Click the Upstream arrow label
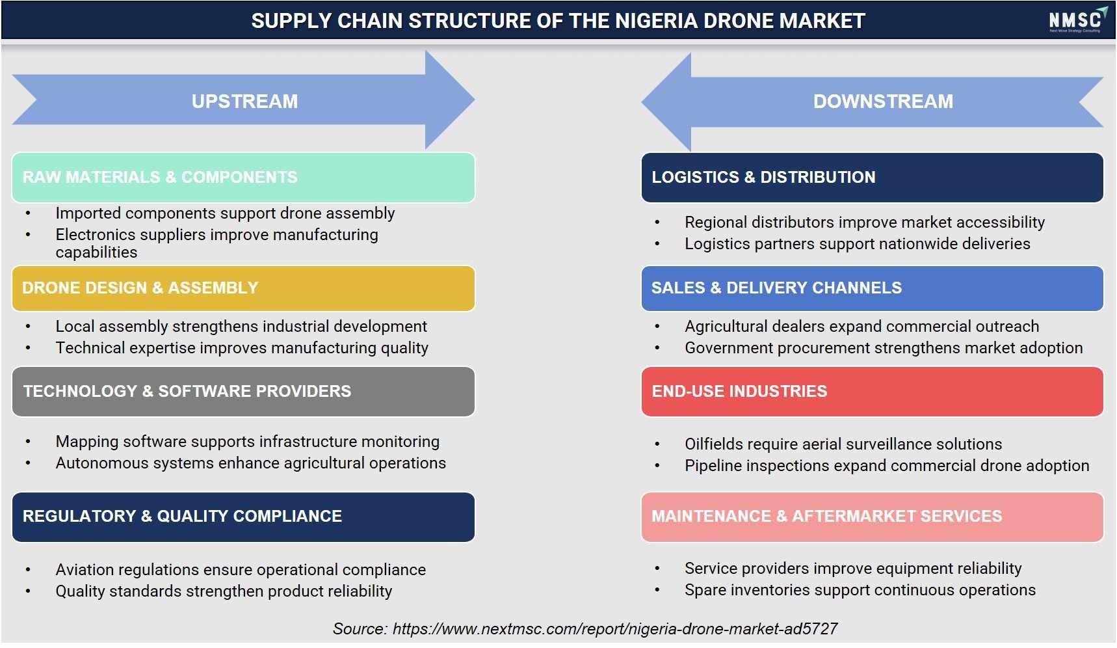tap(244, 101)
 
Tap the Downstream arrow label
tap(883, 101)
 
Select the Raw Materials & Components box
tap(243, 178)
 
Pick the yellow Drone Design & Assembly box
tap(243, 288)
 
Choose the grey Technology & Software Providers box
tap(243, 392)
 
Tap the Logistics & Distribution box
tap(872, 178)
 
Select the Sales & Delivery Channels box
tap(872, 288)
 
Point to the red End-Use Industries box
tap(872, 392)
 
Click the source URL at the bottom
tap(615, 629)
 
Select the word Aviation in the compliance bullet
tap(85, 570)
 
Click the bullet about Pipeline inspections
tap(887, 466)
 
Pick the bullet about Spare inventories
tap(860, 590)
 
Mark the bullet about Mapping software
tap(248, 442)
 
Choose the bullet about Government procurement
tap(884, 348)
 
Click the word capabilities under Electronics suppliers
tap(96, 252)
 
